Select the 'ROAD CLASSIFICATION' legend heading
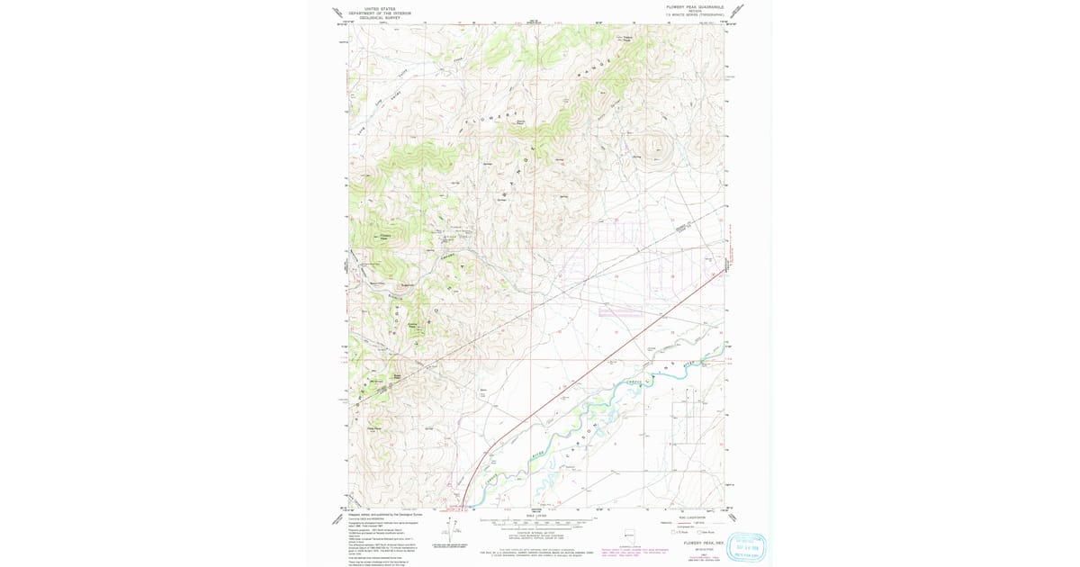[684, 516]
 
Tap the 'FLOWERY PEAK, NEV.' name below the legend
[704, 543]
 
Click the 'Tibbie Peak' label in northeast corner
[626, 38]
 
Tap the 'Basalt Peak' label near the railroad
[396, 375]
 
